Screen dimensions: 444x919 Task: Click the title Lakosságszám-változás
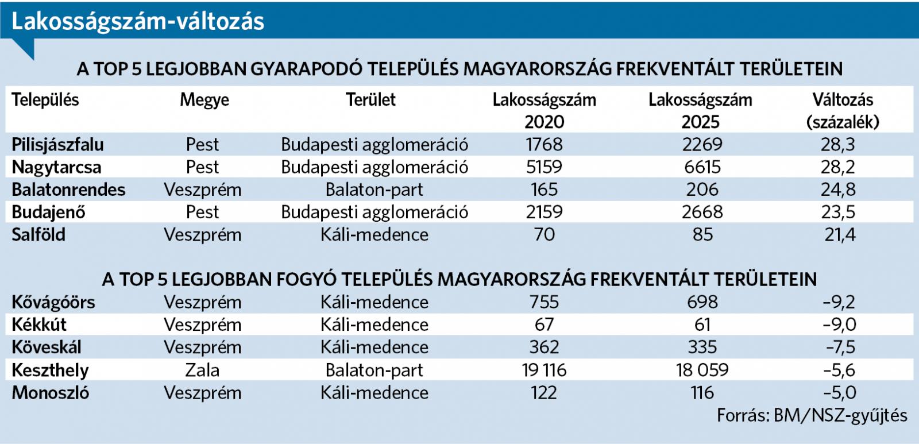pos(138,22)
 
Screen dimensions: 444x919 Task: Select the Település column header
pos(45,100)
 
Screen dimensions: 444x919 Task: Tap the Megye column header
pos(204,100)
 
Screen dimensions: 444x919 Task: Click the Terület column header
pos(370,100)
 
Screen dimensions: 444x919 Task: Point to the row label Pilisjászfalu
pos(57,145)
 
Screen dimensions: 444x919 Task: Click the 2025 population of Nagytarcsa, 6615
pos(702,167)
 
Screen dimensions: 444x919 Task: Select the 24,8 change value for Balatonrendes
pos(838,190)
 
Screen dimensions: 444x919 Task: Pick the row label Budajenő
pos(48,213)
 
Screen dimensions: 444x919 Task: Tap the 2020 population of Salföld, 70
pos(544,235)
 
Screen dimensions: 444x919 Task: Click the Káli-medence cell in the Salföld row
pos(374,235)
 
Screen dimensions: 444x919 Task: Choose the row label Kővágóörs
pos(53,302)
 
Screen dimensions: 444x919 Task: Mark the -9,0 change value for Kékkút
pos(839,325)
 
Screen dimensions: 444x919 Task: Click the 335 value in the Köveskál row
pos(702,348)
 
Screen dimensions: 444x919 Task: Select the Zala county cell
pos(202,370)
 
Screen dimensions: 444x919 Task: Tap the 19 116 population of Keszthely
pos(544,370)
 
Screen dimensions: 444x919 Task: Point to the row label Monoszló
pos(51,393)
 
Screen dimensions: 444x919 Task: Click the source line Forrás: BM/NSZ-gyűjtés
pos(812,415)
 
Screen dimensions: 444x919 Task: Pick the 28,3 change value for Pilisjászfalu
pos(838,145)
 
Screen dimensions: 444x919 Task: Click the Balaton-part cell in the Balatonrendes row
pos(374,190)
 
